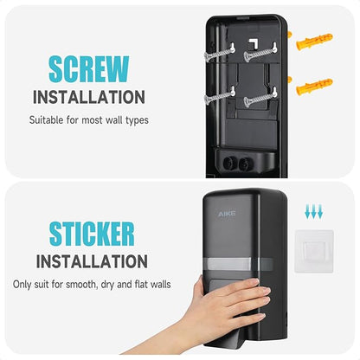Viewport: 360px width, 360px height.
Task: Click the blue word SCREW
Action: point(89,69)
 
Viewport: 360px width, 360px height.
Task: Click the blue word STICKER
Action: point(92,234)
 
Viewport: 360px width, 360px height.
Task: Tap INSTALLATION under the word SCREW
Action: point(89,97)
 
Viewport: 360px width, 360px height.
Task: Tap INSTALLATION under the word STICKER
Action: point(92,261)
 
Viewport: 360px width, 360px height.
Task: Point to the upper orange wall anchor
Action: point(314,42)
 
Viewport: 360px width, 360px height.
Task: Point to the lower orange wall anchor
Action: point(314,87)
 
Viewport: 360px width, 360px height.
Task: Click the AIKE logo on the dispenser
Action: point(227,214)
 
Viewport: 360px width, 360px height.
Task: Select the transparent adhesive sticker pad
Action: point(314,251)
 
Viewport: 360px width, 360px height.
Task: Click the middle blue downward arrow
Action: point(313,211)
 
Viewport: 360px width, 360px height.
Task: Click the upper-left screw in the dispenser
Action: point(219,54)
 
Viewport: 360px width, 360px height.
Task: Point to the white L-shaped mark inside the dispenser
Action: point(254,42)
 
